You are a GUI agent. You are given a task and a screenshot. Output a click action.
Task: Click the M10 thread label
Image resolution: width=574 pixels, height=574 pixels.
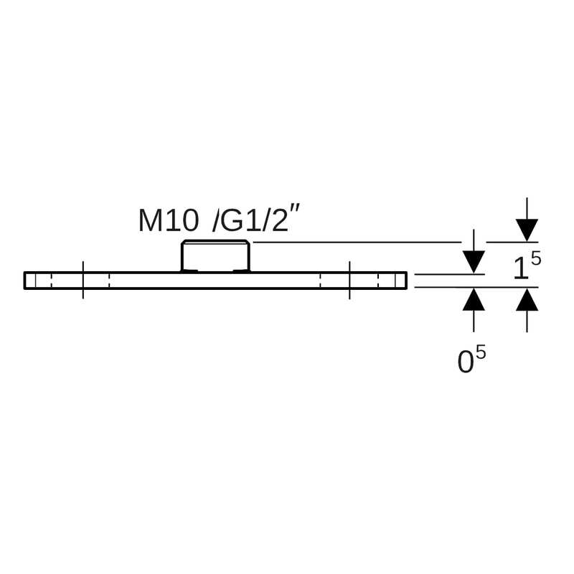[169, 221]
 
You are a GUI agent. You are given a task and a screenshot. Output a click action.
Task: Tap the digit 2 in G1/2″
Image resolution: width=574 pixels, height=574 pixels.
[280, 221]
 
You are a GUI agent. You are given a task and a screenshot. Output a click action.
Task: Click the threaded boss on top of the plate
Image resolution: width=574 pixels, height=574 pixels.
[216, 256]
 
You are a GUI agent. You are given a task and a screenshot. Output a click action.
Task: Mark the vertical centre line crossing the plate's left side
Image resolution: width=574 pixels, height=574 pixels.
[83, 280]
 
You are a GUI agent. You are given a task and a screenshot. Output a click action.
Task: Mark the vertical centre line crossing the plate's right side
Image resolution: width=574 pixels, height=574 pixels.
[349, 280]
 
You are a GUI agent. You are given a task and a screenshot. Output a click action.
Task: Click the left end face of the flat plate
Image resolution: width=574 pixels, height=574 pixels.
[25, 281]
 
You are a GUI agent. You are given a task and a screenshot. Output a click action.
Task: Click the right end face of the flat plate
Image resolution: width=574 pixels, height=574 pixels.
[406, 281]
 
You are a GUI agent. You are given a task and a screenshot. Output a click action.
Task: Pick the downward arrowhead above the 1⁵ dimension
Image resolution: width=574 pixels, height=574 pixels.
[527, 230]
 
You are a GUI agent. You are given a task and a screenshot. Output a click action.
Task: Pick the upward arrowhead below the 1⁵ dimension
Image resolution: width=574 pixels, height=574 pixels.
[527, 299]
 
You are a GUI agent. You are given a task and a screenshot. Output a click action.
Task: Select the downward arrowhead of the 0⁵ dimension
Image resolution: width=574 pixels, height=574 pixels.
[474, 262]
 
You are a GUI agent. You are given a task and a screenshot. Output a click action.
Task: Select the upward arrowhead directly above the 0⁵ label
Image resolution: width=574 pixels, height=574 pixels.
[474, 299]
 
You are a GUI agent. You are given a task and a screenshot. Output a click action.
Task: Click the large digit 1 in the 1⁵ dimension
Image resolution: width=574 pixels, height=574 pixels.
[521, 268]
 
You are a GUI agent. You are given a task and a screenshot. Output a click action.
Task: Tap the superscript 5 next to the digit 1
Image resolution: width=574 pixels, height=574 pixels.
[535, 259]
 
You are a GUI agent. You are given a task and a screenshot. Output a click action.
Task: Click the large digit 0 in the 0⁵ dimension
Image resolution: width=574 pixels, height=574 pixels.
[466, 362]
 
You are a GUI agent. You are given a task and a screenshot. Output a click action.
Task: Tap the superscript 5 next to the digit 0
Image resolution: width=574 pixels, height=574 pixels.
[481, 353]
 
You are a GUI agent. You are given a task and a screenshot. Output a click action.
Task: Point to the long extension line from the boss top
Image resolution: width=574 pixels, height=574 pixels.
[357, 242]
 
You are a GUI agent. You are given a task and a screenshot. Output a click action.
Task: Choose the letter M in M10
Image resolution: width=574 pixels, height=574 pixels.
[150, 221]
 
